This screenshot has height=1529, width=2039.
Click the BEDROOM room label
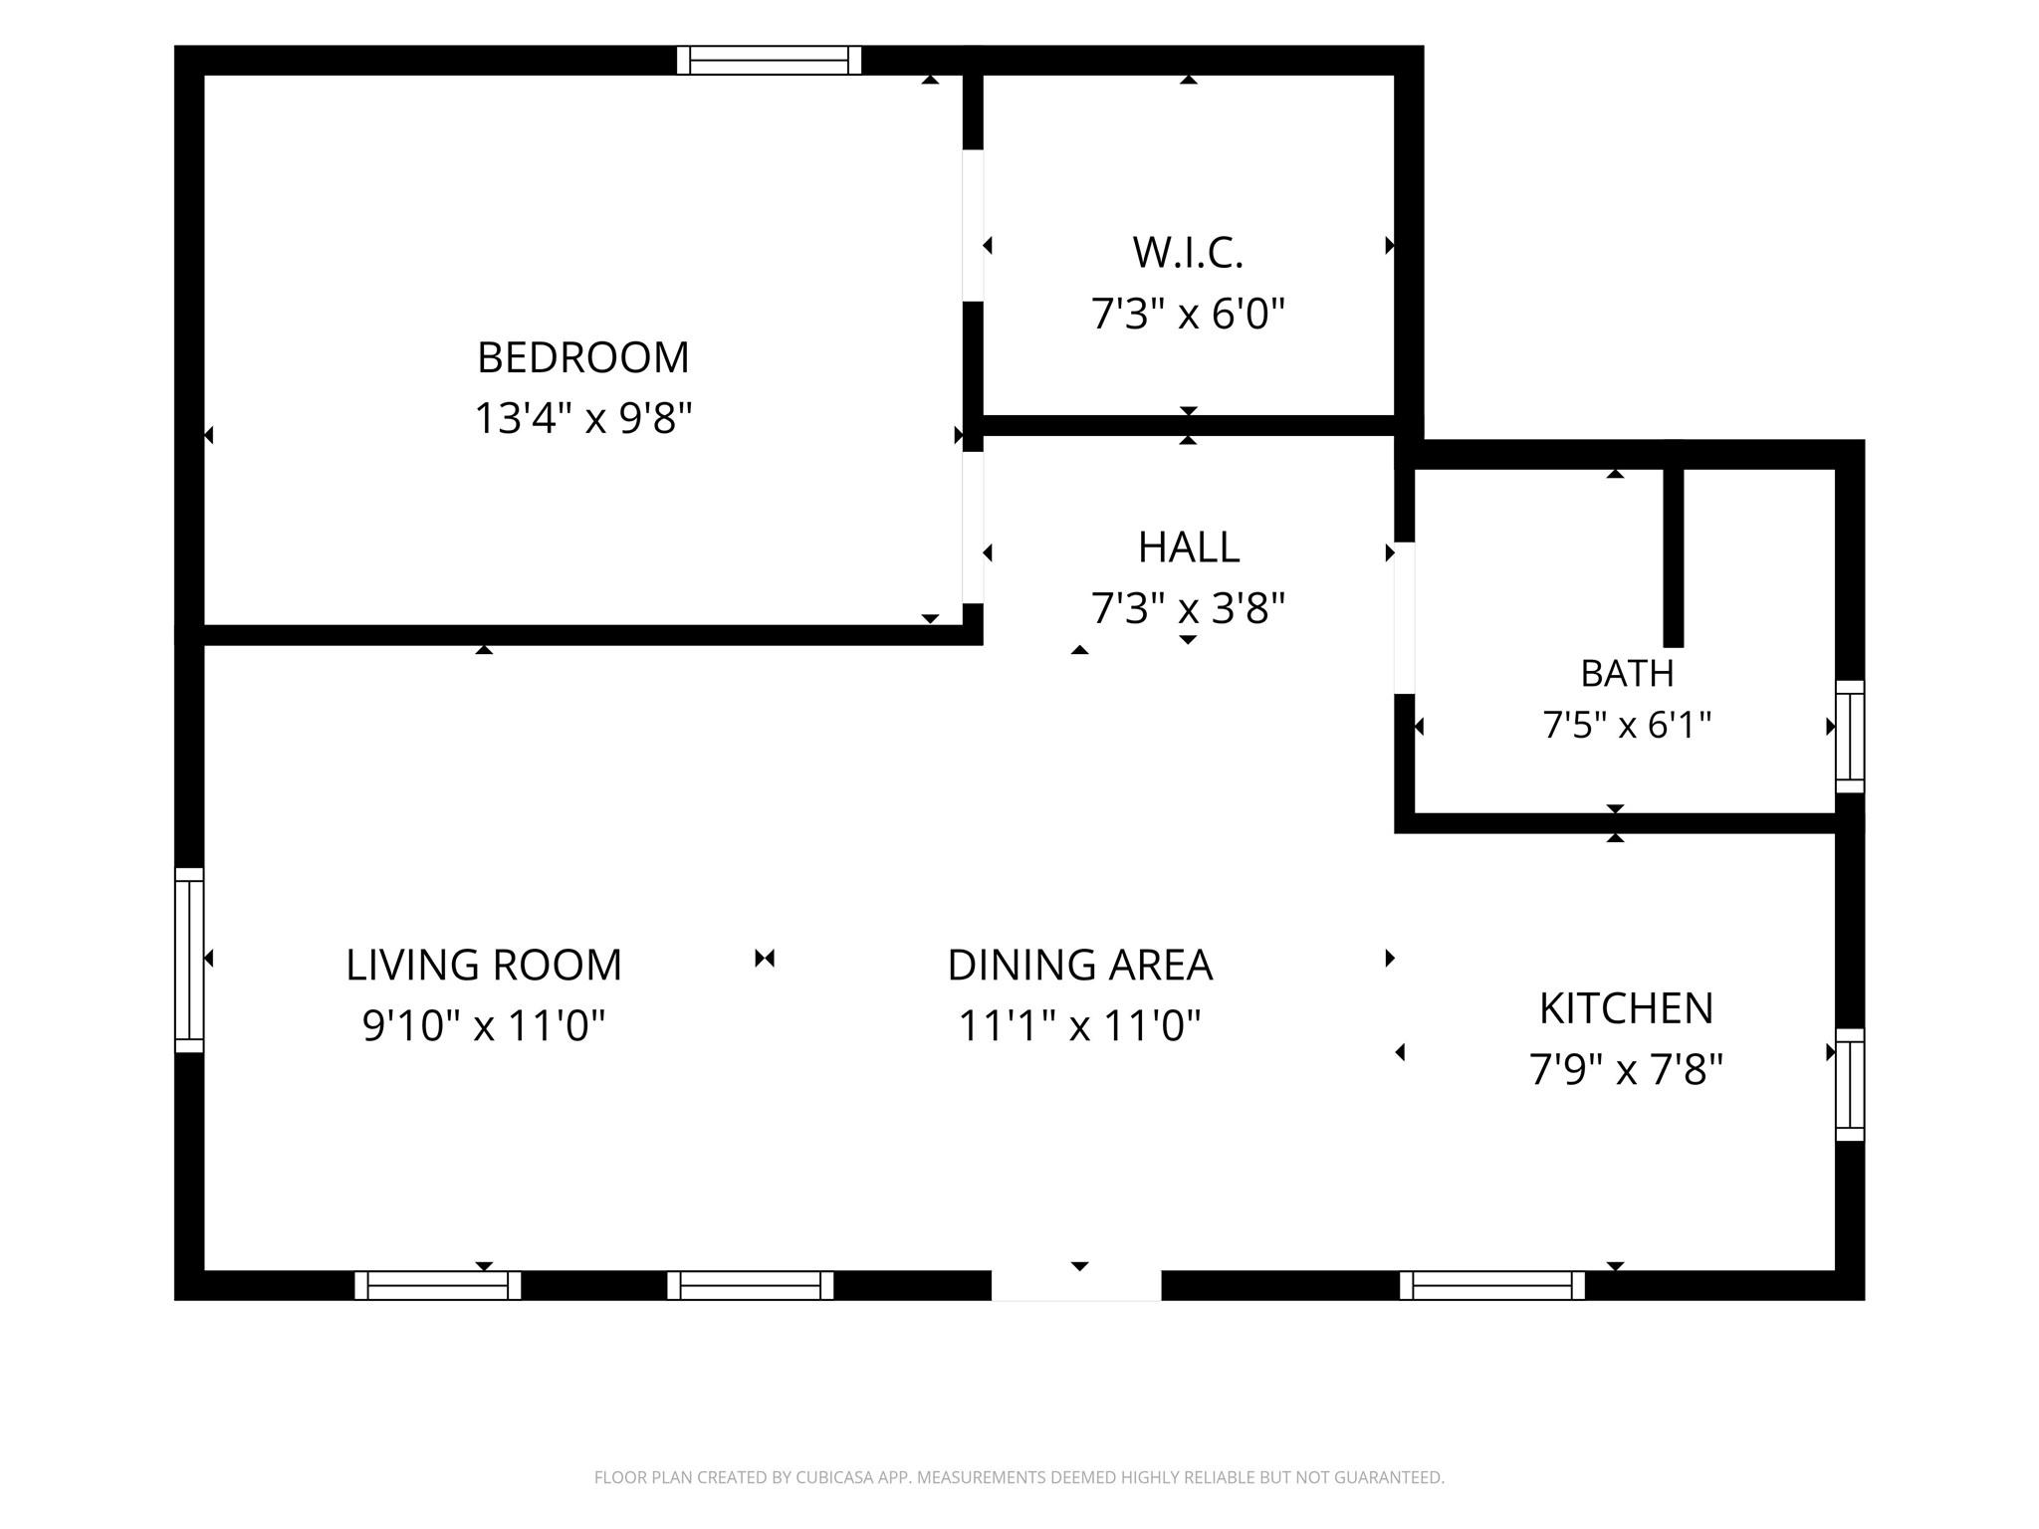[x=583, y=357]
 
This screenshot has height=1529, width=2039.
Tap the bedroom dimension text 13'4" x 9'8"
[x=583, y=418]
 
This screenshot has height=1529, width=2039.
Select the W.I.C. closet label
[x=1188, y=253]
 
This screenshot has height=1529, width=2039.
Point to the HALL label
[x=1189, y=546]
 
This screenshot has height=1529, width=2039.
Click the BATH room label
[x=1627, y=674]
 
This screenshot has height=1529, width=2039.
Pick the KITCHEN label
[x=1627, y=1008]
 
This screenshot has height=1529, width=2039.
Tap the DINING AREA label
[x=1080, y=965]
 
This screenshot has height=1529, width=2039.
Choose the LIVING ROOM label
[x=484, y=965]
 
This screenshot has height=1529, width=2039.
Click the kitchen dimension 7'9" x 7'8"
[x=1627, y=1070]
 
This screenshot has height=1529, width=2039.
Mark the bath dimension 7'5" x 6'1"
[x=1627, y=725]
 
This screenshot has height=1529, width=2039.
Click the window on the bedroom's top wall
[x=769, y=61]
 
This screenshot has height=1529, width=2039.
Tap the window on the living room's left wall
[x=189, y=960]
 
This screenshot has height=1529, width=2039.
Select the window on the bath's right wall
[x=1850, y=737]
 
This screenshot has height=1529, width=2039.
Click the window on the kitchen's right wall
[x=1850, y=1085]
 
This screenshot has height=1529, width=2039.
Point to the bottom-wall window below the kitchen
[x=1492, y=1285]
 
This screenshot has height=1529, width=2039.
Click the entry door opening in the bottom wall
[x=1076, y=1285]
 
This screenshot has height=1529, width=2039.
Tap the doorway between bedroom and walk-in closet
[x=973, y=226]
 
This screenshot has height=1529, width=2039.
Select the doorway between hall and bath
[x=1404, y=618]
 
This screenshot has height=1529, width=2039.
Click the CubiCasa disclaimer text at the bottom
[x=1019, y=1477]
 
